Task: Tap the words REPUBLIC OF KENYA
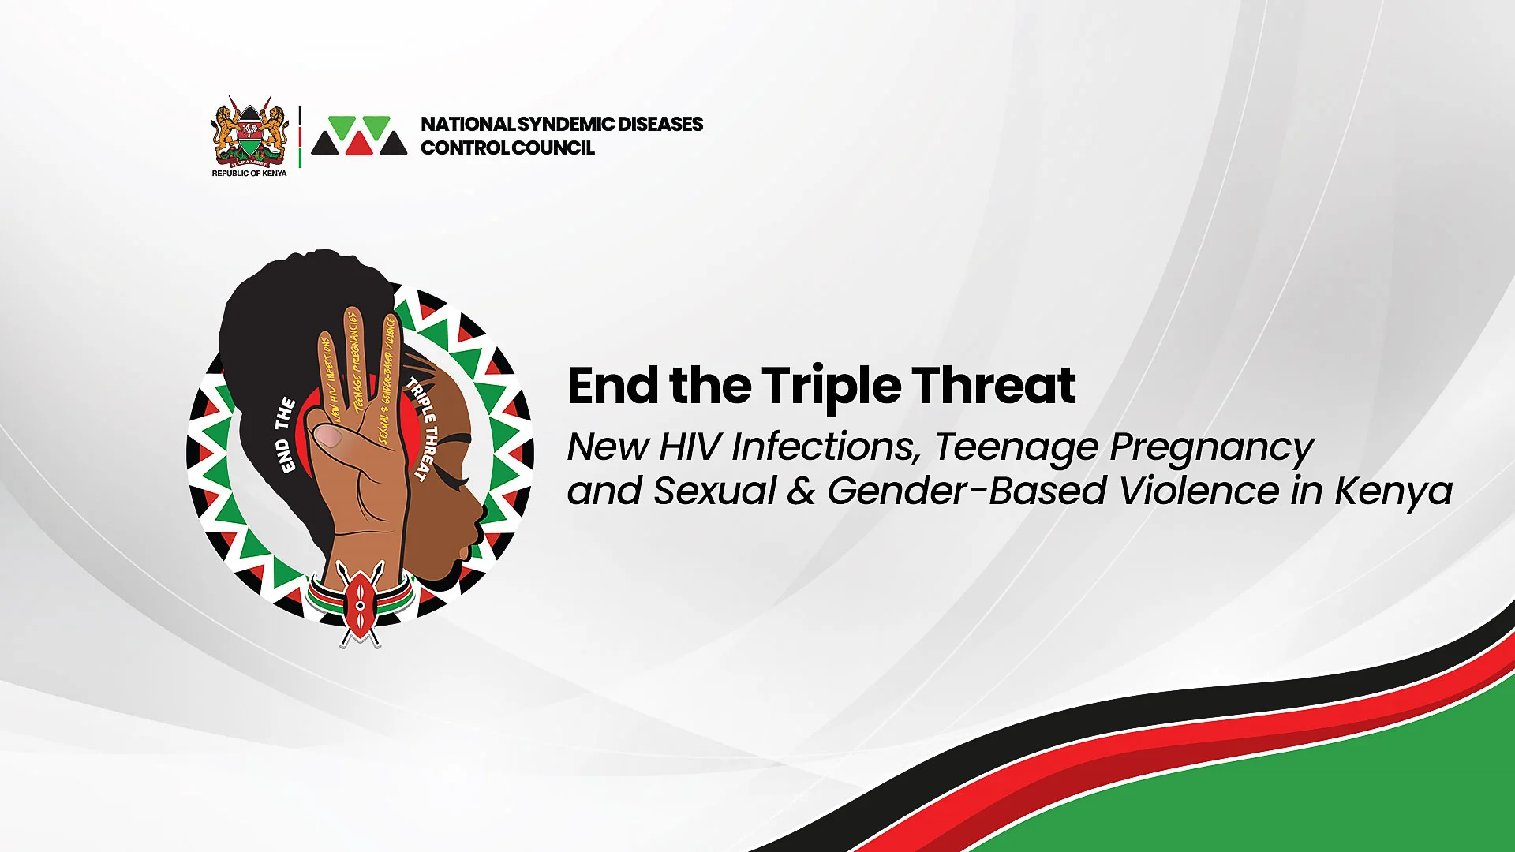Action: (x=249, y=174)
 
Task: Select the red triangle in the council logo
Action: (x=359, y=143)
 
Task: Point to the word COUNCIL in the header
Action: (x=553, y=148)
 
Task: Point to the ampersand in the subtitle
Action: (x=801, y=491)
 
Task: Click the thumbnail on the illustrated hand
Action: (x=327, y=436)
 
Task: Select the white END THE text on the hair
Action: (x=285, y=435)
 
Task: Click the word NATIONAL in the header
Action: (x=468, y=124)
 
